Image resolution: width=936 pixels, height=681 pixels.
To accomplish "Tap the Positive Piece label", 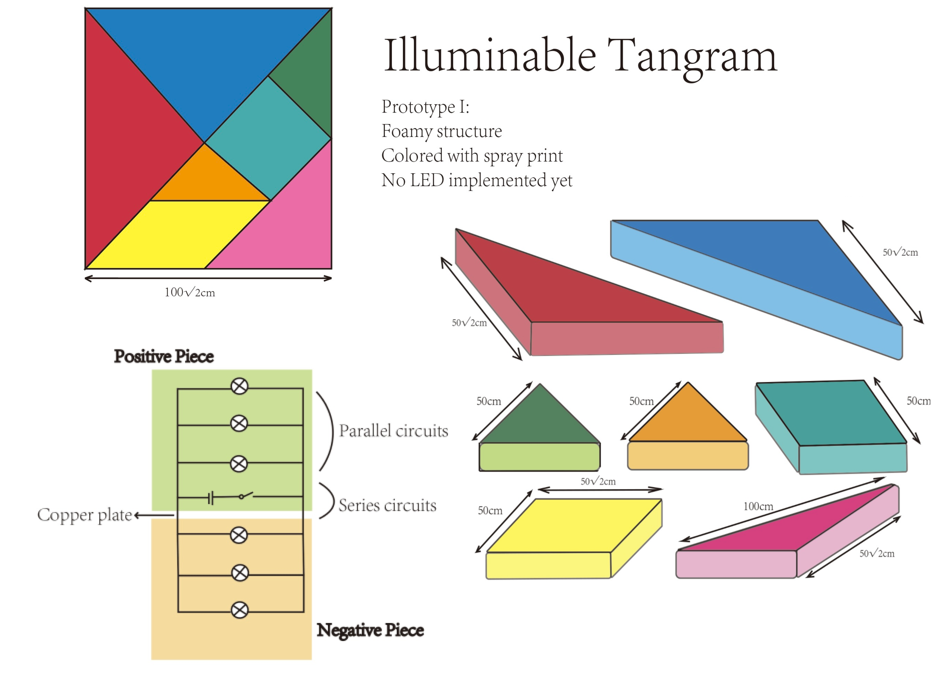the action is click(164, 356).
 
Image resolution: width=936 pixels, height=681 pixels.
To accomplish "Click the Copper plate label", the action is click(85, 515).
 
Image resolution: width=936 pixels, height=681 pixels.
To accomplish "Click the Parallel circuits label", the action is click(393, 431).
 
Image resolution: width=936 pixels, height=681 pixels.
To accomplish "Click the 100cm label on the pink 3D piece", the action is click(758, 506).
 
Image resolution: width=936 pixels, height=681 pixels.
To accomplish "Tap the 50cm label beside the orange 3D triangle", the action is click(641, 401).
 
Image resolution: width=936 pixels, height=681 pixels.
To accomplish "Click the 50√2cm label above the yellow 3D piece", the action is click(598, 481).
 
